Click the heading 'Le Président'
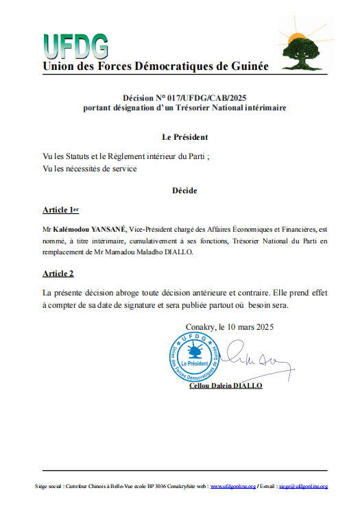point(180,137)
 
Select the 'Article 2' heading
point(58,274)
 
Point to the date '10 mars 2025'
point(249,326)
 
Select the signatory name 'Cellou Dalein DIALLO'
point(226,386)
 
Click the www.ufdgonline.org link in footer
point(232,486)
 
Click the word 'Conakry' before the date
point(200,326)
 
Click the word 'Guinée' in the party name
point(247,66)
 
